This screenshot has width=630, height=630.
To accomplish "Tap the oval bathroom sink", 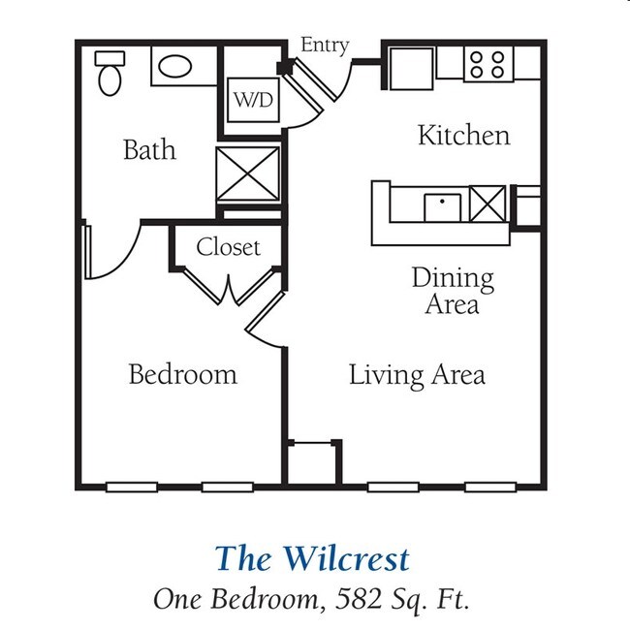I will pyautogui.click(x=175, y=67).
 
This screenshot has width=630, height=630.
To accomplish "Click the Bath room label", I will pyautogui.click(x=149, y=150).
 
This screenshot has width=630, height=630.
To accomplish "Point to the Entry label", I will pyautogui.click(x=325, y=46).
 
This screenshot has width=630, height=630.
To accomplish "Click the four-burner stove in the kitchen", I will pyautogui.click(x=488, y=64).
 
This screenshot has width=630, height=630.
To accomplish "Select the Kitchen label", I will pyautogui.click(x=463, y=135).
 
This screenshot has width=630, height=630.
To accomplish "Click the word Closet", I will pyautogui.click(x=229, y=247).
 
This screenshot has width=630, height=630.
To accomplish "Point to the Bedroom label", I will pyautogui.click(x=182, y=374).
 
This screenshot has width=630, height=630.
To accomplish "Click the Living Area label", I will pyautogui.click(x=417, y=374).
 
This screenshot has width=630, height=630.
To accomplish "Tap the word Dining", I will pyautogui.click(x=452, y=278).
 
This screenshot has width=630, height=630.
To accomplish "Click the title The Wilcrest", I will pyautogui.click(x=312, y=558).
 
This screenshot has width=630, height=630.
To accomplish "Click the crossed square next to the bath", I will pyautogui.click(x=247, y=175).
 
